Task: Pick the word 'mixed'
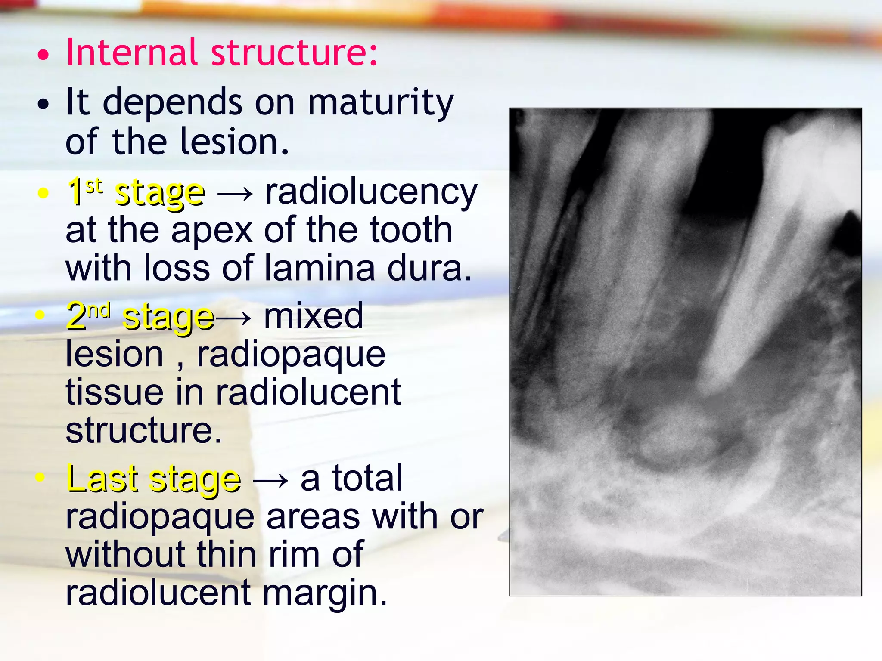point(314,315)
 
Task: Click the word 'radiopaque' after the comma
point(291,355)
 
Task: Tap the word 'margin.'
point(325,593)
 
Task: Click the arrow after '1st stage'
point(235,194)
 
